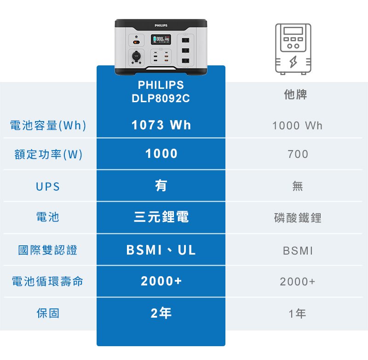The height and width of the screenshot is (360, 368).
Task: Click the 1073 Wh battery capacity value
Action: point(161,125)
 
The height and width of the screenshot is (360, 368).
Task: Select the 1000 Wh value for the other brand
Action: point(297,126)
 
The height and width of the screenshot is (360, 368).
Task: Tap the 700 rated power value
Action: point(298,154)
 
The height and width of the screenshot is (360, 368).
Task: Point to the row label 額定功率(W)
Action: point(48,154)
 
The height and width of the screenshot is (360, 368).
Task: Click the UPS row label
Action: point(48,187)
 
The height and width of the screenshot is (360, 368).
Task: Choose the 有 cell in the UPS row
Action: point(161,186)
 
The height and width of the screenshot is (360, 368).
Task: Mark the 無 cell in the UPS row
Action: point(298,186)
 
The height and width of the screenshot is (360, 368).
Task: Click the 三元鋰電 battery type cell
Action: point(161,216)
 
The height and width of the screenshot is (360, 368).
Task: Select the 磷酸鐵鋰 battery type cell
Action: point(298,218)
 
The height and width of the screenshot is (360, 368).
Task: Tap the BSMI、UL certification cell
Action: point(161,250)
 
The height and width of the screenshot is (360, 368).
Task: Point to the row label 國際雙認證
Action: point(48,250)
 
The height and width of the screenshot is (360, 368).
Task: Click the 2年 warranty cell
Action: point(161,313)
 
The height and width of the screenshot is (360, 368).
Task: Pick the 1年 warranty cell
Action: point(297,314)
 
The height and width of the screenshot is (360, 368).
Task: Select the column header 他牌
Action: point(295,94)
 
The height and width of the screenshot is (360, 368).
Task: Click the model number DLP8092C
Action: point(161,99)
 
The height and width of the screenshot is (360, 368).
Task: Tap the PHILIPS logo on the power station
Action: point(161,25)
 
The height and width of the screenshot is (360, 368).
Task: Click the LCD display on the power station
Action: point(161,39)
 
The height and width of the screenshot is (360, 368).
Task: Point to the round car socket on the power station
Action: point(136,56)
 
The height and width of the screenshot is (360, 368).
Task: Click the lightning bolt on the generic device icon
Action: point(293,62)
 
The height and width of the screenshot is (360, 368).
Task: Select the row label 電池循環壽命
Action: point(47,281)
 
